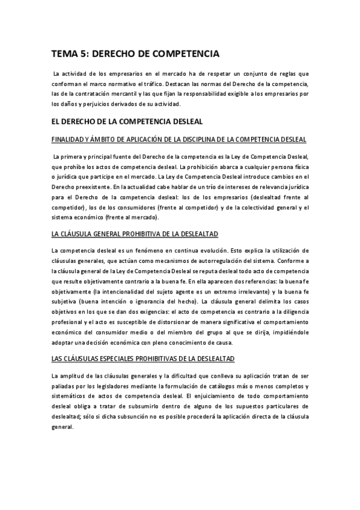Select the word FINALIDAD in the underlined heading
(x=72, y=140)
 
